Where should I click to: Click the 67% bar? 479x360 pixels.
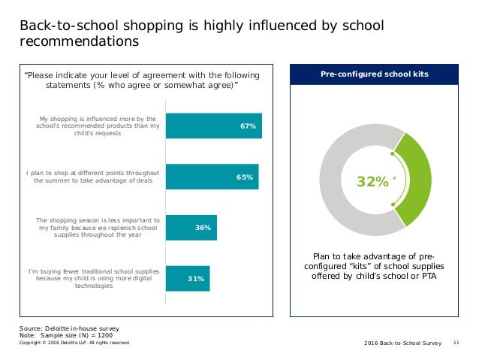click(x=213, y=126)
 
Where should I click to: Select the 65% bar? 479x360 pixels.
click(x=212, y=177)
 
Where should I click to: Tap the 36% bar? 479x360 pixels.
click(x=191, y=228)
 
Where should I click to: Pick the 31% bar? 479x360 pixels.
click(x=188, y=278)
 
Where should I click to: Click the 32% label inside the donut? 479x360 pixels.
click(x=373, y=182)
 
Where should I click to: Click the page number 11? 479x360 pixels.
click(x=456, y=342)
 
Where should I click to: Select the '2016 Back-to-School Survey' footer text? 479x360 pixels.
click(x=402, y=342)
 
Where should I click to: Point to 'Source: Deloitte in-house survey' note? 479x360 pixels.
click(x=68, y=328)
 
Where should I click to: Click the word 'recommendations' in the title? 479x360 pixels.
click(x=79, y=42)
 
